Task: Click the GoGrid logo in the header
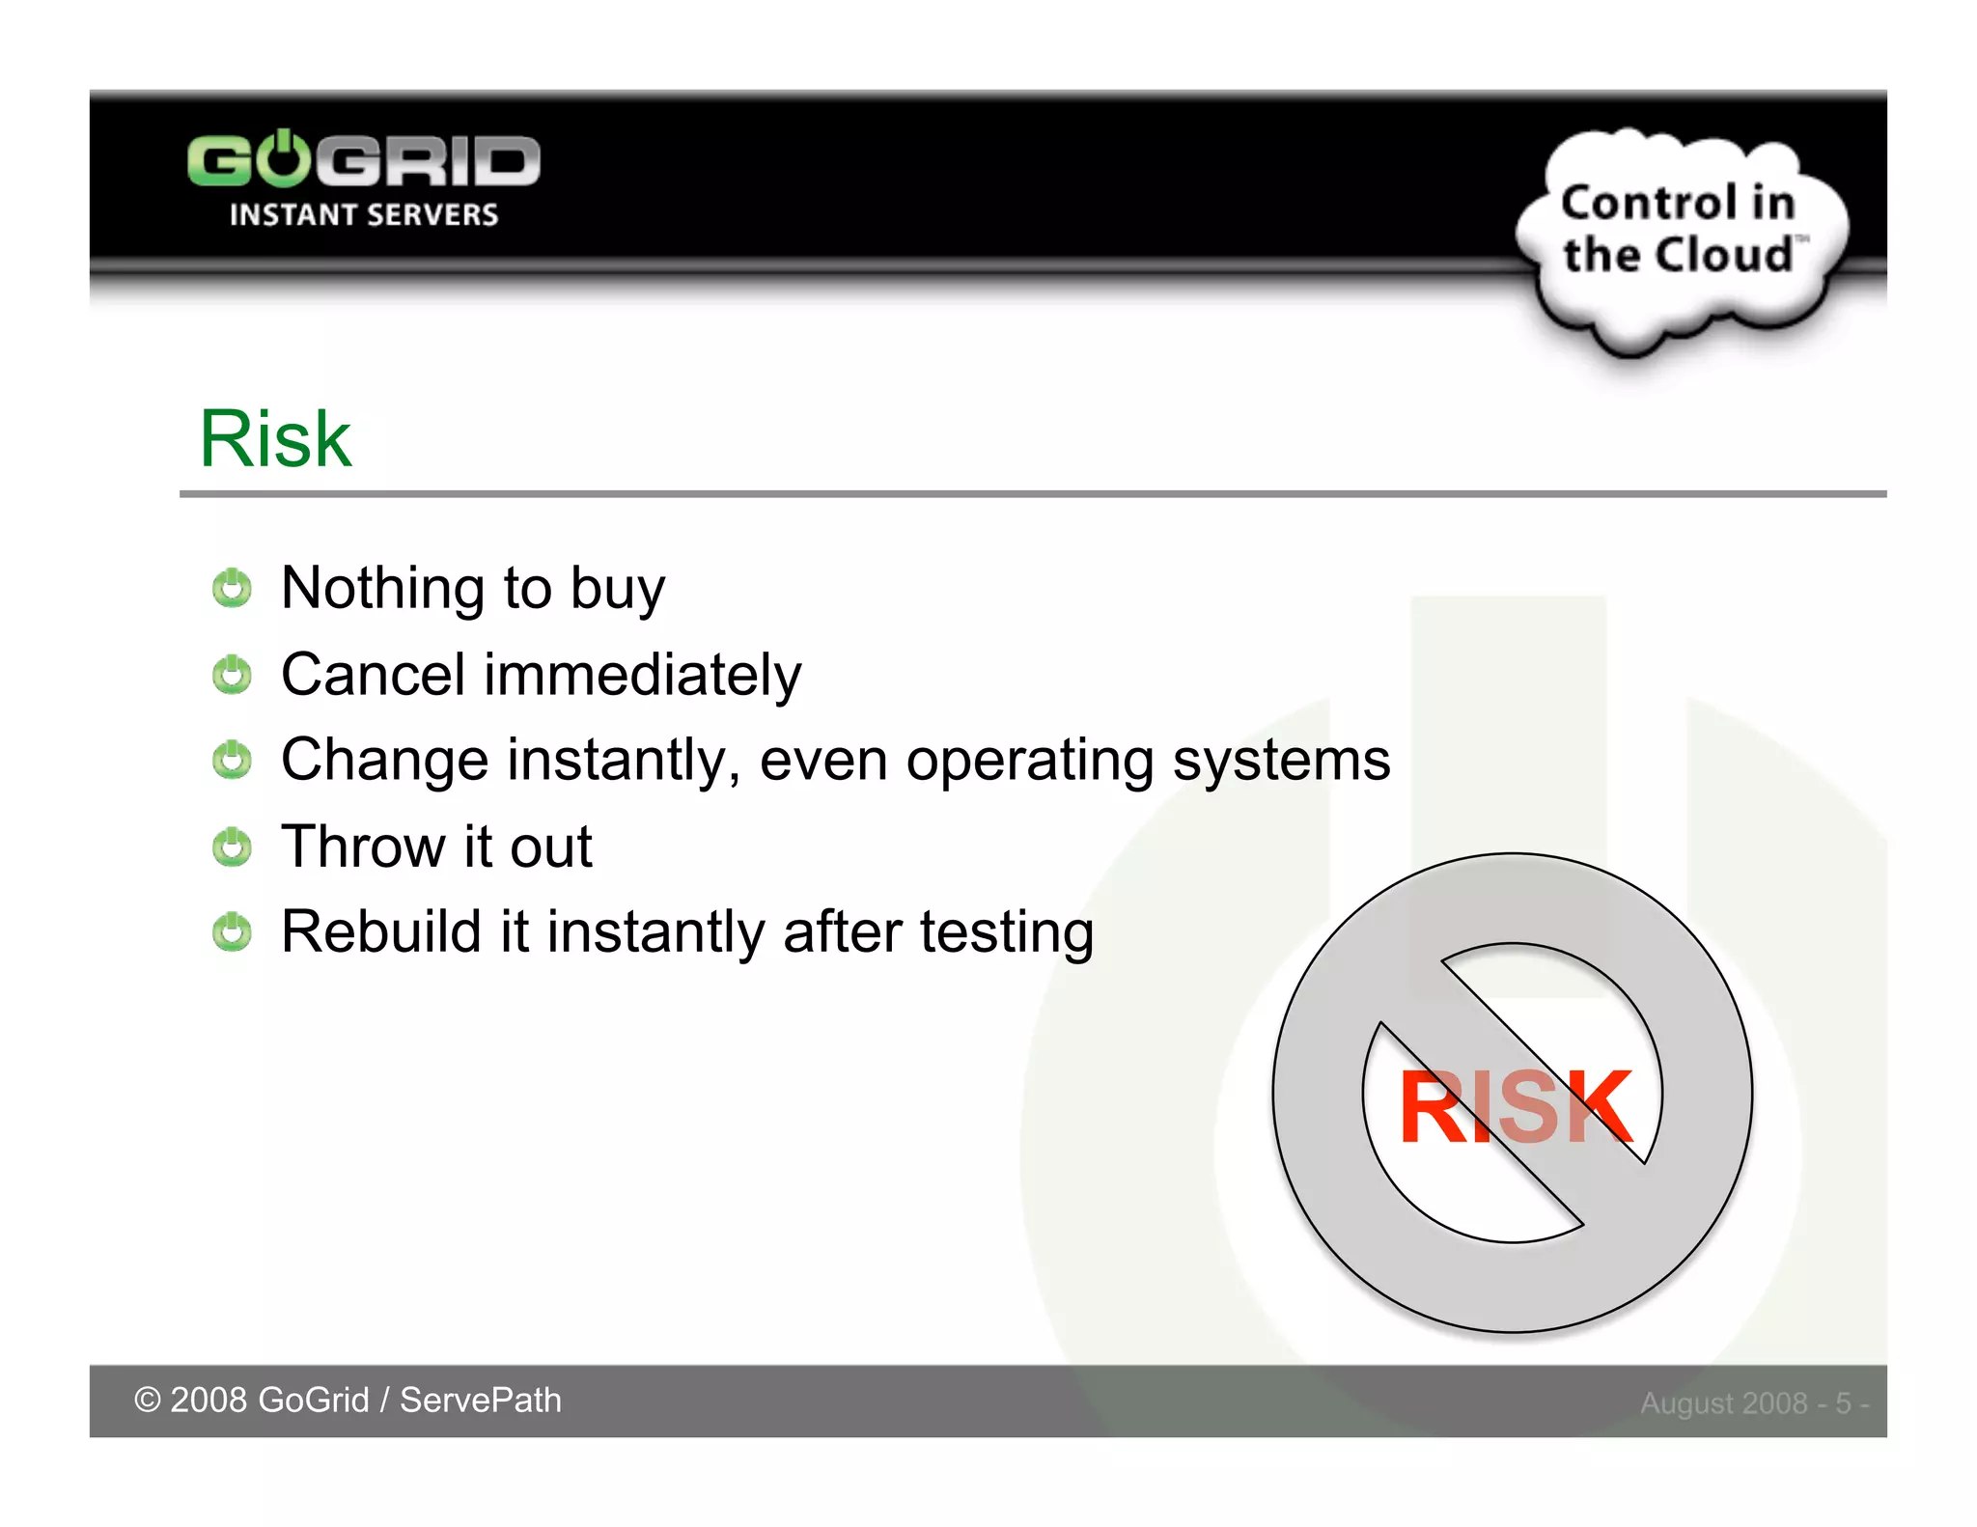click(363, 160)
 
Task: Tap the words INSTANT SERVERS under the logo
click(363, 214)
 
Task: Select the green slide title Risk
click(275, 439)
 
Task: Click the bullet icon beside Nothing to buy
click(232, 588)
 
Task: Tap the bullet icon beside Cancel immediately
click(232, 674)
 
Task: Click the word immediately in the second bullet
click(642, 675)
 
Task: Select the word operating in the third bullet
click(1029, 762)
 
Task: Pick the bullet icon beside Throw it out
click(232, 847)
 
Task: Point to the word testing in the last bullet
click(1006, 933)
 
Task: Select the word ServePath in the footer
click(480, 1400)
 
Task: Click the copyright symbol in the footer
click(147, 1400)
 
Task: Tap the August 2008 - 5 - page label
click(1753, 1402)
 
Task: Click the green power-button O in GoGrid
click(284, 159)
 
